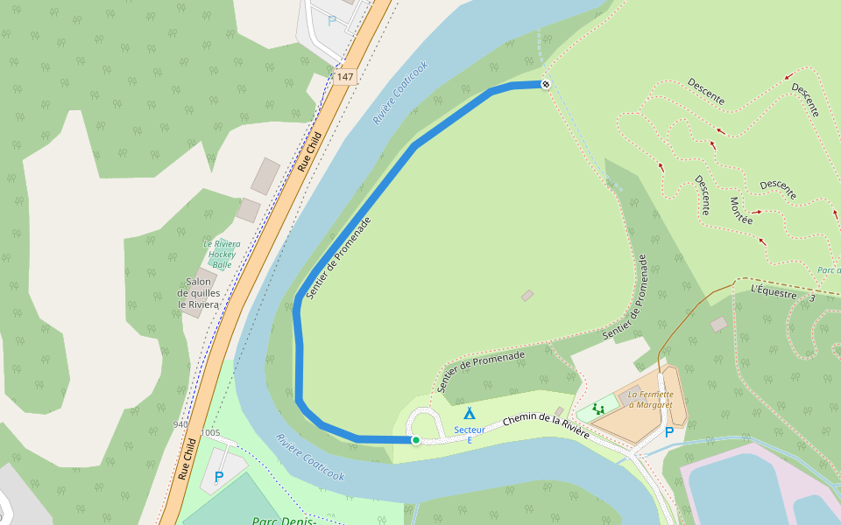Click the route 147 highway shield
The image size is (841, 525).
[x=346, y=77]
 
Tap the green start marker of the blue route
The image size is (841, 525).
[x=415, y=439]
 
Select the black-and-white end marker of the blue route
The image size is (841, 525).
[x=546, y=84]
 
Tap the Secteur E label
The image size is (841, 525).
[x=470, y=434]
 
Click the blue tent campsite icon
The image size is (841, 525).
[x=470, y=413]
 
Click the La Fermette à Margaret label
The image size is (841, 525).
[x=649, y=399]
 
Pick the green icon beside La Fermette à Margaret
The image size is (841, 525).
[x=598, y=408]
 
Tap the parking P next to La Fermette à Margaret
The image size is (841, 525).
[x=669, y=431]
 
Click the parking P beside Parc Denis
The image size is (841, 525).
[x=218, y=477]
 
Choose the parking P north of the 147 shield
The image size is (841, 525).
[x=332, y=20]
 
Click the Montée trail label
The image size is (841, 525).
[x=741, y=210]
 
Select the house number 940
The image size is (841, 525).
[x=181, y=424]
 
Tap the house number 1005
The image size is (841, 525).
[x=210, y=432]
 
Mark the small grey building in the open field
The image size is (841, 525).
[x=527, y=296]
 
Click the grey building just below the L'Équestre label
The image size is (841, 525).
[x=718, y=324]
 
